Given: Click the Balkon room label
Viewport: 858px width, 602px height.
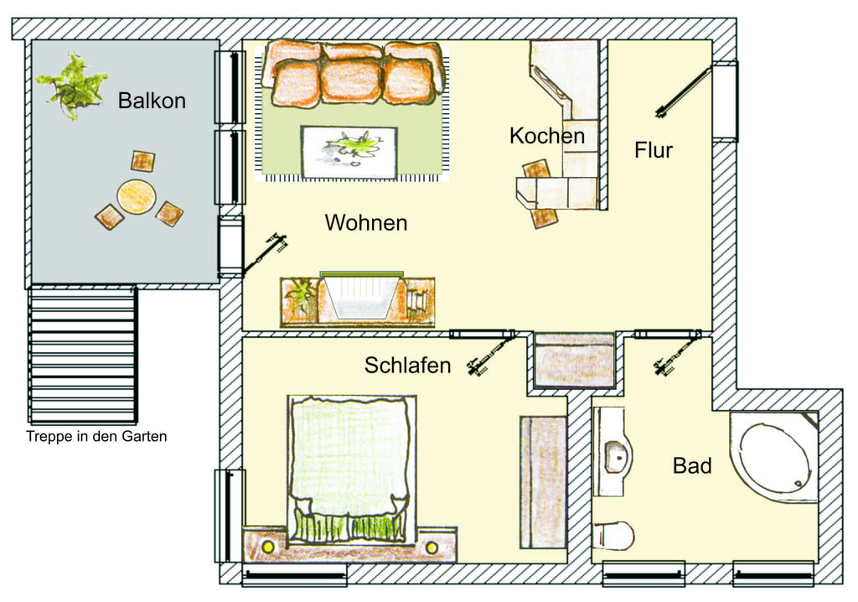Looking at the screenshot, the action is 152,101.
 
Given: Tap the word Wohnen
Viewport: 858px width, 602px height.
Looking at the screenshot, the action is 366,223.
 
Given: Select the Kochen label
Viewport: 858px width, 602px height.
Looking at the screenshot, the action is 547,136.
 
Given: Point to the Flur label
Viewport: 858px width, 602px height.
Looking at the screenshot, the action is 654,150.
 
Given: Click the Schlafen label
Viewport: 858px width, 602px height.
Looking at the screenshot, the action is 408,366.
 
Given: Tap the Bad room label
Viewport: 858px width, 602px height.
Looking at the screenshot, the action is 692,465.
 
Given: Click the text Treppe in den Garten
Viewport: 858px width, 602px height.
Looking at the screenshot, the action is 96,437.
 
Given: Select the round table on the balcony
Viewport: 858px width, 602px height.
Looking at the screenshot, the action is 137,196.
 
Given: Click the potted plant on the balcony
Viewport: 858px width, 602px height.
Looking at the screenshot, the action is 71,86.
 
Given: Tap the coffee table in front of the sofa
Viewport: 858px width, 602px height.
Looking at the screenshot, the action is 349,152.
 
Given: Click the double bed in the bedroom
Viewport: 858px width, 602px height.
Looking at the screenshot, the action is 351,470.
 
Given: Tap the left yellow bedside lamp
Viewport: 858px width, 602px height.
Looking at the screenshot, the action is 267,546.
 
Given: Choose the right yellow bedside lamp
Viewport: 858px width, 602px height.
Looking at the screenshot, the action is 432,548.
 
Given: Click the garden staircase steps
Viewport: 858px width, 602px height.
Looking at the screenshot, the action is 83,355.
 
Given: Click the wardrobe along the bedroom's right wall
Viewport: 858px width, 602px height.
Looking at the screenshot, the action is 543,483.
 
